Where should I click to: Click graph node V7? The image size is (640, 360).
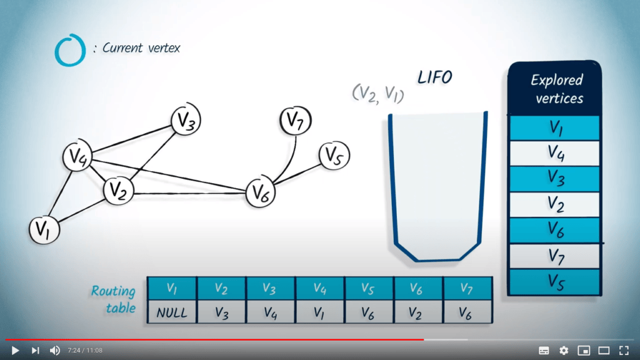pos(296,121)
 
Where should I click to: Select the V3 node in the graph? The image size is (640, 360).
pos(186,119)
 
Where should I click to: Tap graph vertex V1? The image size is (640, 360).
pos(44,230)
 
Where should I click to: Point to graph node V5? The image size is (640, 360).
pos(334,156)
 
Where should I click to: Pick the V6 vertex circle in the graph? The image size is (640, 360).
pos(261,192)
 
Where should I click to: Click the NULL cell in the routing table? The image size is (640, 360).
pos(172,312)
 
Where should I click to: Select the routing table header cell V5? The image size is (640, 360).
pos(369,288)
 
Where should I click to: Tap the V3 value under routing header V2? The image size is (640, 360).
pos(222,312)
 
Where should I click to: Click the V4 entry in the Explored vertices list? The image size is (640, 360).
pos(555,153)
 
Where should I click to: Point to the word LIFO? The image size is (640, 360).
pos(435,77)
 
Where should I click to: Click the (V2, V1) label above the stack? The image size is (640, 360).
pos(378,94)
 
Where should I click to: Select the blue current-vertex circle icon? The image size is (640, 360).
pos(70,50)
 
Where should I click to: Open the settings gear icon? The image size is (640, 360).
pos(564,350)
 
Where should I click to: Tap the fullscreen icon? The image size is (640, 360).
pos(624,350)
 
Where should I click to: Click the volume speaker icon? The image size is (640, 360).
pos(55,350)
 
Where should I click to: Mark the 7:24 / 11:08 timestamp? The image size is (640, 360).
pos(85,350)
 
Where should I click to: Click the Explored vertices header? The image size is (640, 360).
pos(555,89)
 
